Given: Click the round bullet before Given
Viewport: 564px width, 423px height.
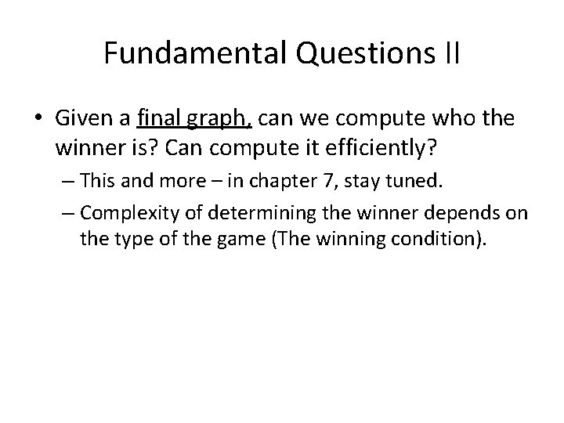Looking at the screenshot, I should pyautogui.click(x=39, y=119).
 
